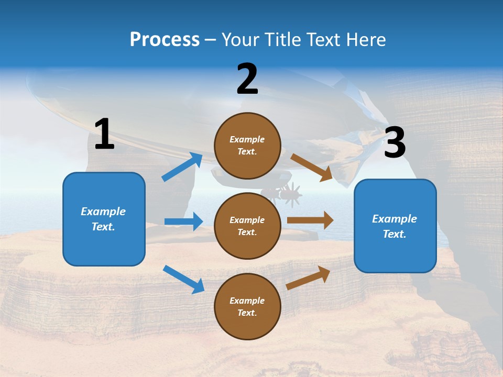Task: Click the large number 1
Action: (x=104, y=134)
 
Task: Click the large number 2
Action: (x=247, y=79)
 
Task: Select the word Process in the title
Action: (x=165, y=39)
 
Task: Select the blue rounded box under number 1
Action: (x=104, y=219)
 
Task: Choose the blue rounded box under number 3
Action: (x=395, y=226)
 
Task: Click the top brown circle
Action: (x=247, y=146)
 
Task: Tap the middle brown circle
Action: (x=247, y=226)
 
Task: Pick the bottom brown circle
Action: (x=247, y=306)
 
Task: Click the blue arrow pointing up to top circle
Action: (x=182, y=167)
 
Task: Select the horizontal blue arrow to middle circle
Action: (x=184, y=221)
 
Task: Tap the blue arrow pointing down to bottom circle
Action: (x=183, y=279)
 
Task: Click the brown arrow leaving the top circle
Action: (x=312, y=167)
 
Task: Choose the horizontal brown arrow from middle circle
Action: (x=310, y=220)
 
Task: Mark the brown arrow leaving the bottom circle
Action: (x=308, y=278)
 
